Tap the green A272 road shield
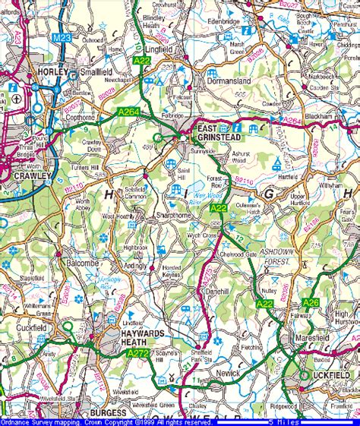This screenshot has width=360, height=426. pyautogui.click(x=137, y=352)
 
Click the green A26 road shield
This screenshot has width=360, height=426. pyautogui.click(x=311, y=303)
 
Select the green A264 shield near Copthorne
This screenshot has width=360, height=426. pyautogui.click(x=129, y=112)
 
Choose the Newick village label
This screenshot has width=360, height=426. pyautogui.click(x=228, y=374)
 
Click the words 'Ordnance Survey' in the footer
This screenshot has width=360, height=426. pyautogui.click(x=23, y=421)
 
